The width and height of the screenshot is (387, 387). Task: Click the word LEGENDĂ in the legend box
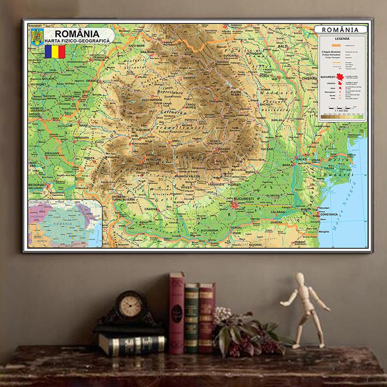341,39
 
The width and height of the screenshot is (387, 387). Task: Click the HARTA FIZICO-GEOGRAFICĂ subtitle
77,42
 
